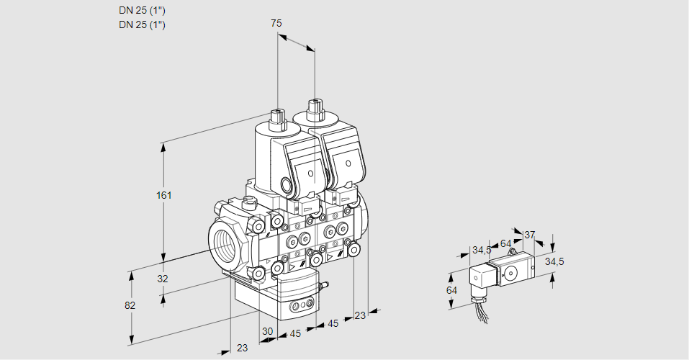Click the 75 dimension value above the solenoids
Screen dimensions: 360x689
click(x=276, y=23)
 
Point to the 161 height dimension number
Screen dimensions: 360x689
click(x=166, y=195)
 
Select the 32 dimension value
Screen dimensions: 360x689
click(x=162, y=279)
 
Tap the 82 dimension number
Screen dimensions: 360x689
click(x=130, y=305)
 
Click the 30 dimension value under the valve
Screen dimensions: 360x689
click(x=267, y=331)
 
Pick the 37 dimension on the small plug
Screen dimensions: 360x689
click(x=529, y=235)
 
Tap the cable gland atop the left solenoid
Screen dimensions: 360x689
click(x=277, y=117)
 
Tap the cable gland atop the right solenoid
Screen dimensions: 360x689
click(x=315, y=111)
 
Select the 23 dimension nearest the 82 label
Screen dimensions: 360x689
click(x=242, y=348)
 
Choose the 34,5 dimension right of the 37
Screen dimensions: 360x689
click(x=554, y=261)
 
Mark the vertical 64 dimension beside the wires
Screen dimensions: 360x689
click(x=451, y=289)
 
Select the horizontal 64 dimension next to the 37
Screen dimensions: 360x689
click(x=505, y=243)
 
